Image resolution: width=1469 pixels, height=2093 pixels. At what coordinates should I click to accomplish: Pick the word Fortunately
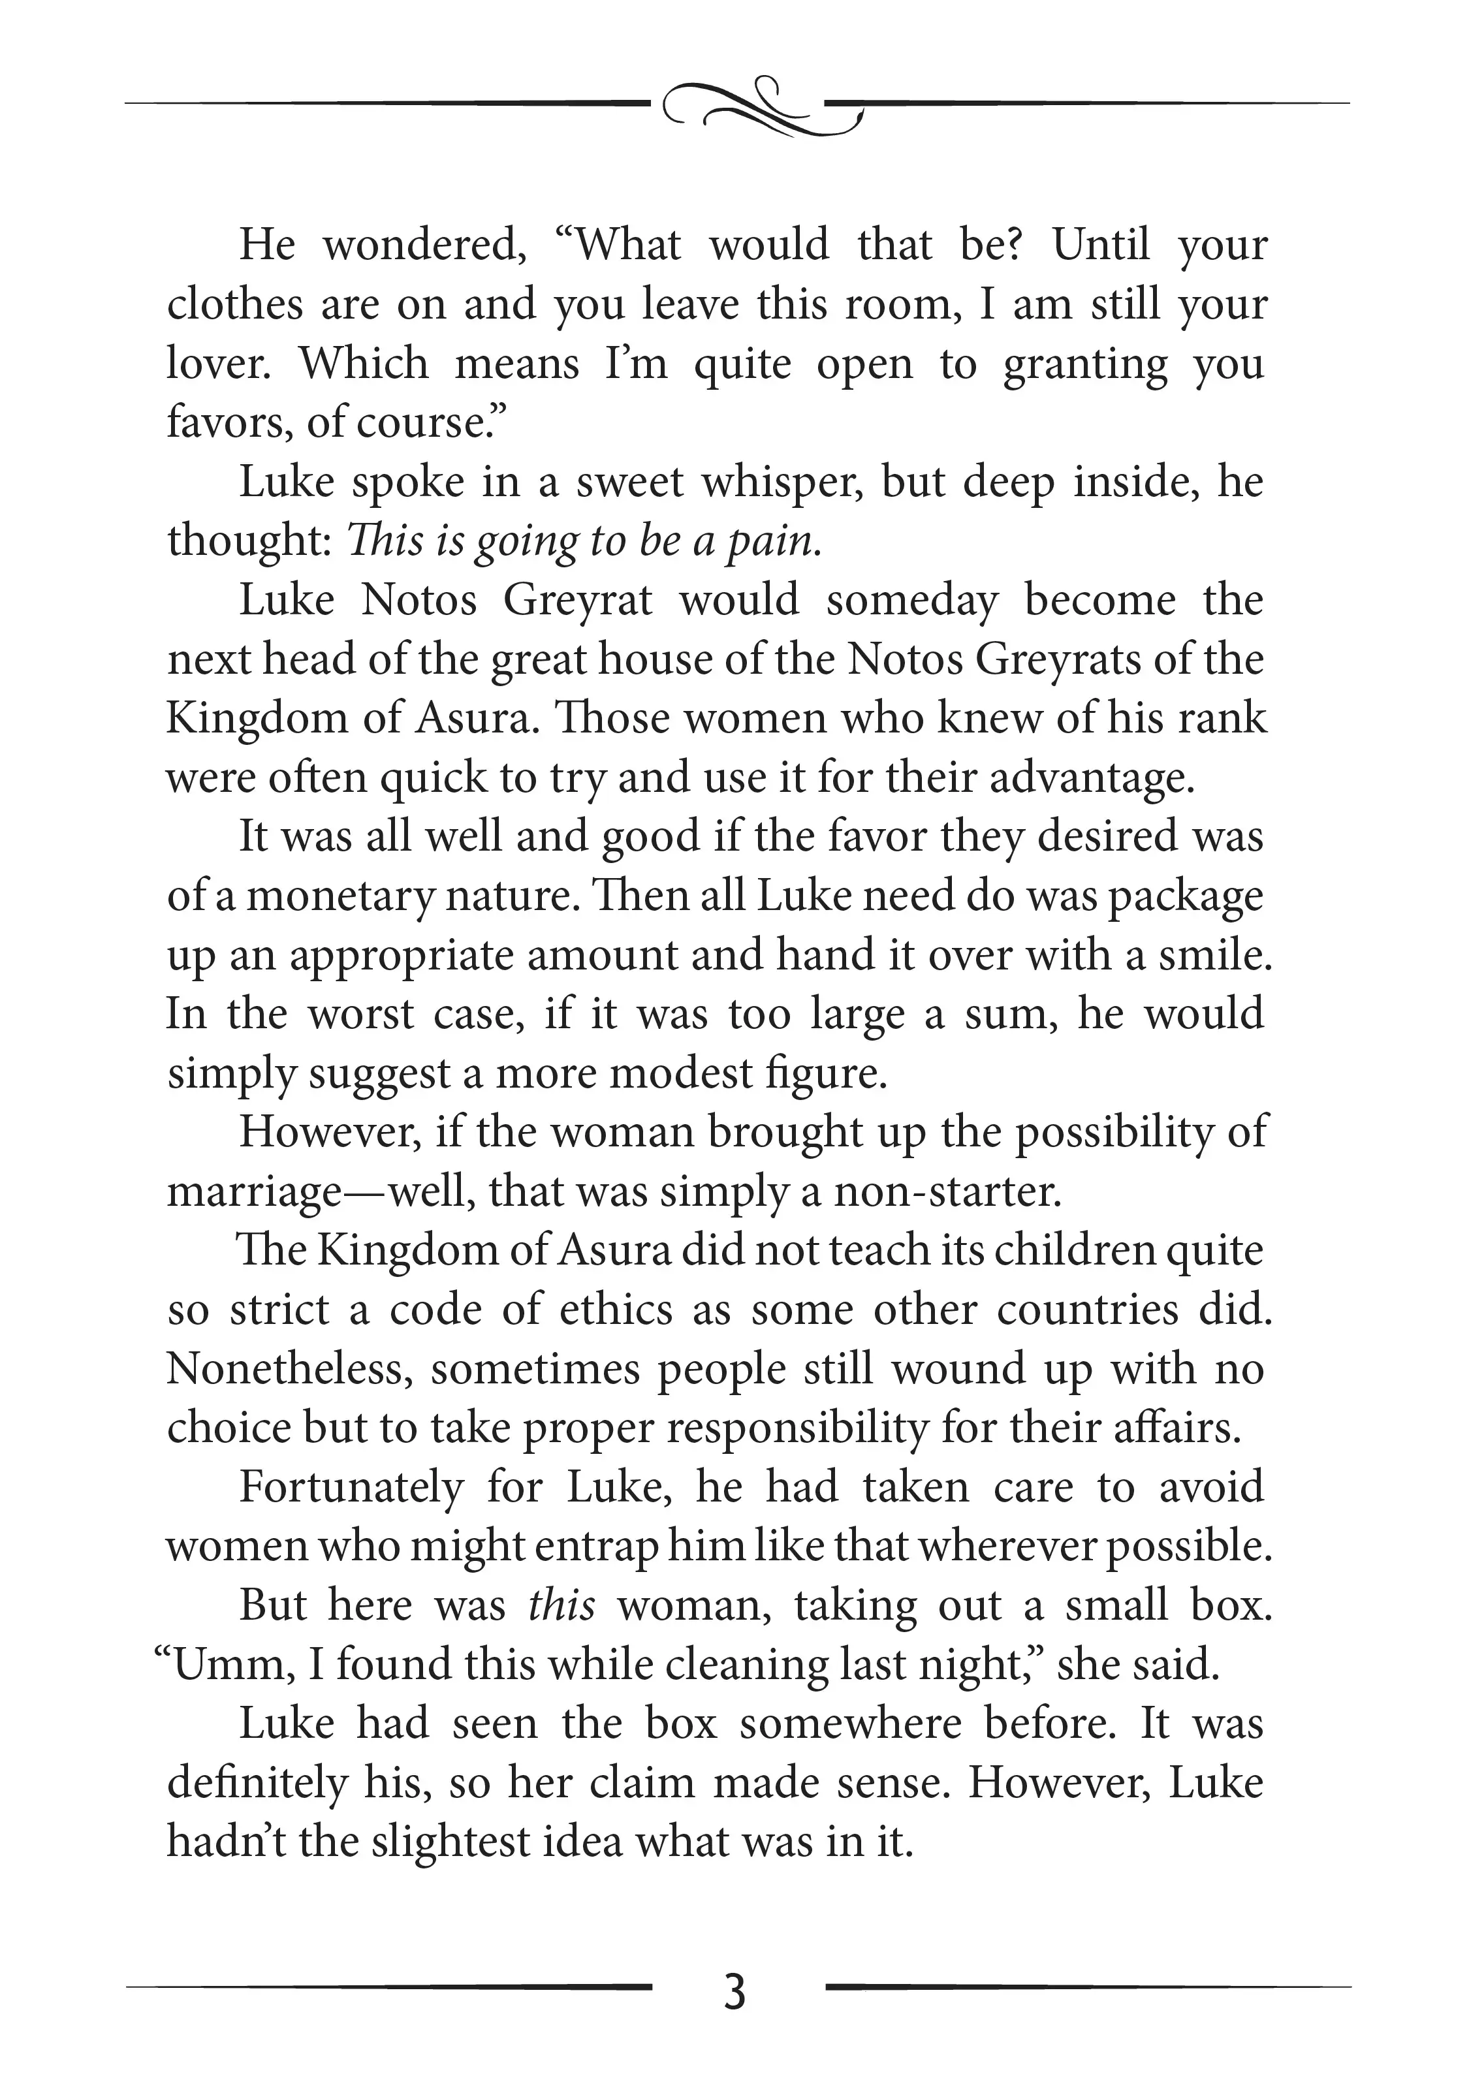click(351, 1488)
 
